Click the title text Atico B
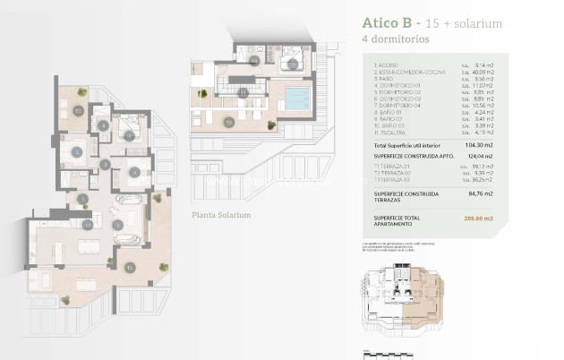pyautogui.click(x=388, y=23)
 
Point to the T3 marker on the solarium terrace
pyautogui.click(x=229, y=121)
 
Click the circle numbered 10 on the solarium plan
pyautogui.click(x=254, y=61)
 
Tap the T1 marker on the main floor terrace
pyautogui.click(x=131, y=266)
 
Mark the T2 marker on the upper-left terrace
pyautogui.click(x=79, y=111)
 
